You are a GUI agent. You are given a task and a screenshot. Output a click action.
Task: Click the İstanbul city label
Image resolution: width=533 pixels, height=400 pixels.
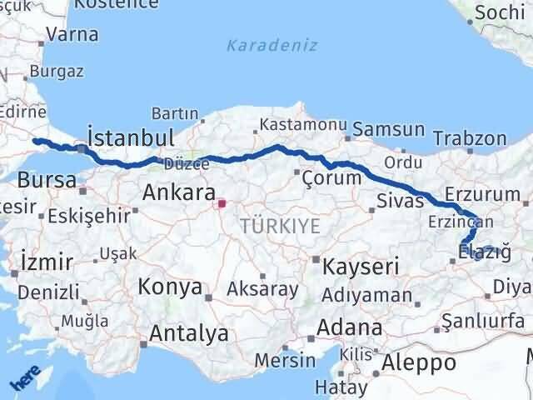click(131, 138)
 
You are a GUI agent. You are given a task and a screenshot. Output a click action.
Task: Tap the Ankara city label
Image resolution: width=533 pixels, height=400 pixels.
click(179, 192)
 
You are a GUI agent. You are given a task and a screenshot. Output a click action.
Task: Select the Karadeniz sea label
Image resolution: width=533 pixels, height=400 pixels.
click(272, 45)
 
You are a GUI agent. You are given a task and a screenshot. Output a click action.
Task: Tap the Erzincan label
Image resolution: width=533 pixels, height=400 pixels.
click(461, 222)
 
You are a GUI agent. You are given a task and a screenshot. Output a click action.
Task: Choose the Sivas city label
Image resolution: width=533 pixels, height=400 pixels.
click(396, 201)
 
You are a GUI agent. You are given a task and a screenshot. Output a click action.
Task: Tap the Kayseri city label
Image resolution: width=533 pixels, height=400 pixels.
click(361, 267)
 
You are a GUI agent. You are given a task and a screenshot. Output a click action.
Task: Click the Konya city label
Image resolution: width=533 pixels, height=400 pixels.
click(170, 287)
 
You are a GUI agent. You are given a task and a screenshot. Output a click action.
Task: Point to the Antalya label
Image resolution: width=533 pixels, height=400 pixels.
click(189, 334)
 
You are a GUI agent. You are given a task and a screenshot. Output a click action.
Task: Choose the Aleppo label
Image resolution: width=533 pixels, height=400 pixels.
click(419, 362)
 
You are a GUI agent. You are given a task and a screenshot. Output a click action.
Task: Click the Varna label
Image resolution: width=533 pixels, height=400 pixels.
click(72, 35)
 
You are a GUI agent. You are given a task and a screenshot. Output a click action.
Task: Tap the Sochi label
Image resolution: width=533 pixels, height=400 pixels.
click(500, 13)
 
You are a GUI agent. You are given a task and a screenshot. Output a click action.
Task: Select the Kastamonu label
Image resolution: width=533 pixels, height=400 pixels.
click(302, 124)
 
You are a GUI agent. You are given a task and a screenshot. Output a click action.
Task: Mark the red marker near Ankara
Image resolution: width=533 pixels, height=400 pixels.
click(221, 202)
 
